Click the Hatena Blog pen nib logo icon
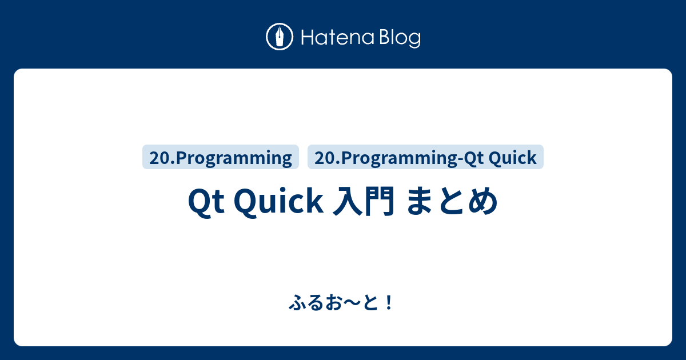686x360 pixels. [280, 38]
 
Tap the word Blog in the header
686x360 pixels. [400, 38]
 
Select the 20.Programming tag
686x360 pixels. [221, 158]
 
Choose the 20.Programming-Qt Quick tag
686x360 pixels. [425, 158]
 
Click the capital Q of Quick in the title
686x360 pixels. [245, 202]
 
